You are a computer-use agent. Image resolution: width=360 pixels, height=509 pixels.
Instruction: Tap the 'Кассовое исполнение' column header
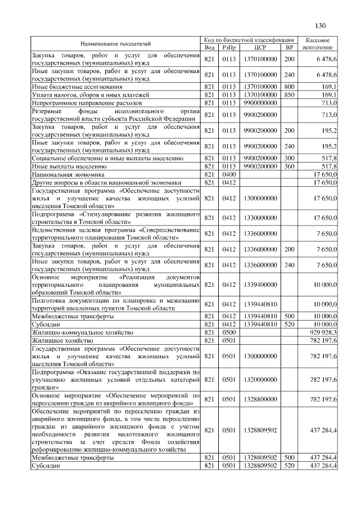[x=320, y=43]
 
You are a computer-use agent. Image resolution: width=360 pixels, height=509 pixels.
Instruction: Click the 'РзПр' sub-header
[x=228, y=47]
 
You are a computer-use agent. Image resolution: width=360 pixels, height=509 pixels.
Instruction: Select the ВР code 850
[x=290, y=95]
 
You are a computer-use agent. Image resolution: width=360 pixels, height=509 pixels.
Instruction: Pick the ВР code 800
[x=290, y=87]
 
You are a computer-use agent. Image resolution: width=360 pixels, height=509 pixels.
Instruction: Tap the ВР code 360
[x=290, y=167]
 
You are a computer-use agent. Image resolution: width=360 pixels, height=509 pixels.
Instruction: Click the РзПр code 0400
[x=228, y=175]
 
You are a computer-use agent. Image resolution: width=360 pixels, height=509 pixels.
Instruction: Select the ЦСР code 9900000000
[x=260, y=103]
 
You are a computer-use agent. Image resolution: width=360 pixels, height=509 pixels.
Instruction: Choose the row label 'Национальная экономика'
[x=65, y=175]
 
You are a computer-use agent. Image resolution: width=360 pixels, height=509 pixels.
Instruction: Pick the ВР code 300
[x=290, y=159]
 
